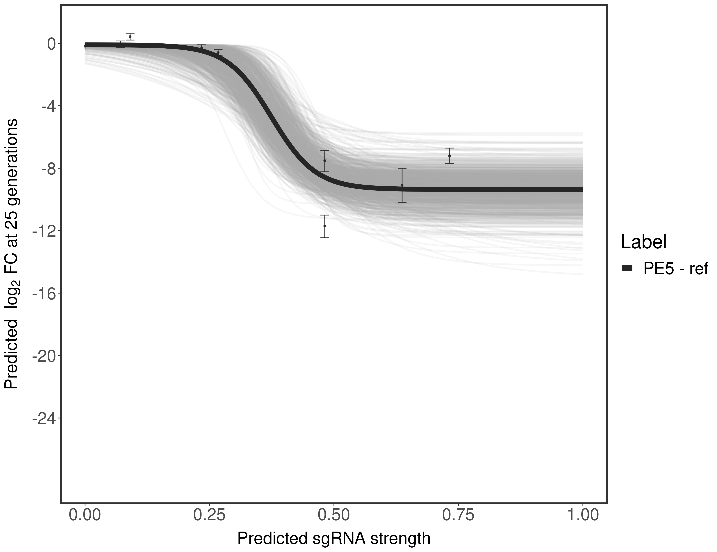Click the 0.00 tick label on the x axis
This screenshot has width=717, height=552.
(x=85, y=515)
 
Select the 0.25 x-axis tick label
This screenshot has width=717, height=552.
(x=209, y=515)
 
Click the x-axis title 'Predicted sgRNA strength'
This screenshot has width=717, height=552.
(x=333, y=539)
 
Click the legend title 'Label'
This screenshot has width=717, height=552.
(x=643, y=242)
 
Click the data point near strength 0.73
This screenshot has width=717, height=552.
(x=450, y=156)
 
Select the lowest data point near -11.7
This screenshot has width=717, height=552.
(x=325, y=226)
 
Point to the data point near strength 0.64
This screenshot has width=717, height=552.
(x=402, y=185)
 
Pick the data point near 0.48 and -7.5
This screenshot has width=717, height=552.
(x=325, y=161)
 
